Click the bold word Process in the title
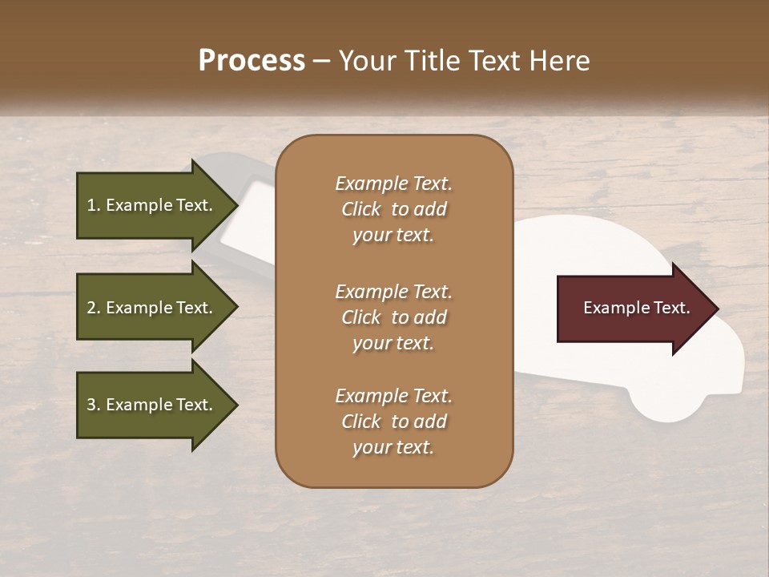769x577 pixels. [252, 61]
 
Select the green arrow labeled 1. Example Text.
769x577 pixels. [152, 205]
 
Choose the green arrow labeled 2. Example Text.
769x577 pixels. [152, 308]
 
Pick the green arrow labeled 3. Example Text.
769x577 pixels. [152, 405]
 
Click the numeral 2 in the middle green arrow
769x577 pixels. [91, 308]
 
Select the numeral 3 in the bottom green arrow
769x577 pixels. [91, 405]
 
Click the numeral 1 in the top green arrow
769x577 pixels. [91, 205]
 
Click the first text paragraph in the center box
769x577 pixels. [393, 209]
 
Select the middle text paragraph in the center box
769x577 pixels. [393, 317]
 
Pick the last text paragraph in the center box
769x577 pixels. [393, 422]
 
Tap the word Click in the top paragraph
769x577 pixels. [361, 209]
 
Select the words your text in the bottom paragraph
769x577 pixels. [393, 448]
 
